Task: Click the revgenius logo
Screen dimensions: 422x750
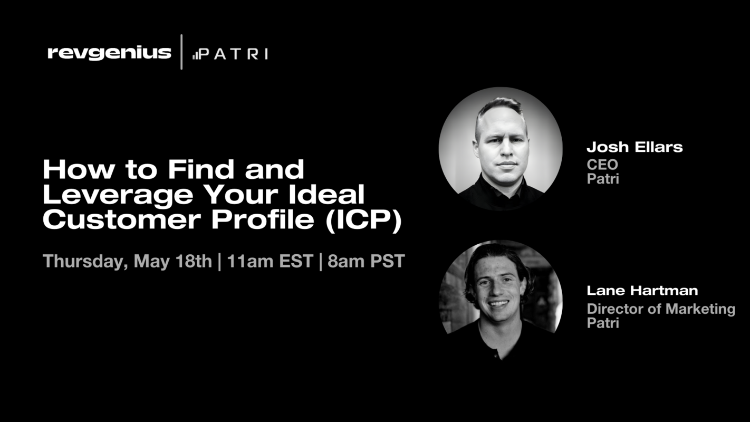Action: click(109, 53)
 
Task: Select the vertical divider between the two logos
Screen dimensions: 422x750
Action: click(181, 52)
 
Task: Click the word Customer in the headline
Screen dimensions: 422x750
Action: click(123, 220)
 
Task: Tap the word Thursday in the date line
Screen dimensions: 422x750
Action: click(84, 261)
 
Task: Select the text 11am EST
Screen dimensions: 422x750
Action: click(270, 261)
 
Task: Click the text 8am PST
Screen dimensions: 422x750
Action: click(366, 261)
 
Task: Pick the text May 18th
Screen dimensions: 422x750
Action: click(172, 261)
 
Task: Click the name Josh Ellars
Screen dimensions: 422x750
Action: click(634, 147)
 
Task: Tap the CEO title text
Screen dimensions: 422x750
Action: click(602, 165)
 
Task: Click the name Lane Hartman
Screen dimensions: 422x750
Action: click(642, 290)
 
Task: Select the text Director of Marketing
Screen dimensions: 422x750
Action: click(661, 309)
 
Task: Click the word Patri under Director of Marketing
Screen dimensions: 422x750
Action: click(603, 322)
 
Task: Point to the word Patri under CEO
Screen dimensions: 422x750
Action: click(603, 179)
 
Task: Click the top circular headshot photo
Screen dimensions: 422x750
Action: click(501, 149)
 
